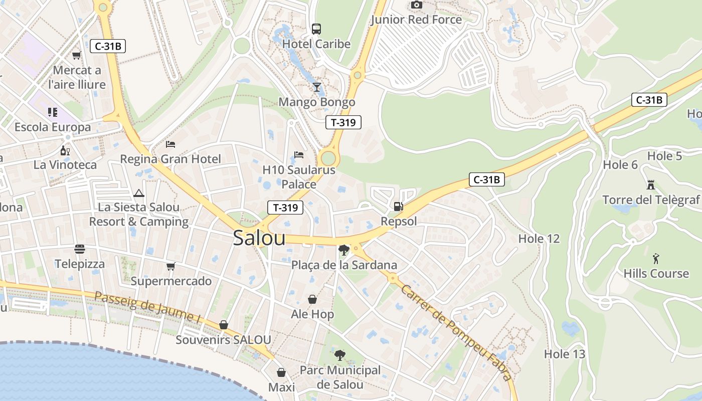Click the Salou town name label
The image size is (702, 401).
[x=259, y=238]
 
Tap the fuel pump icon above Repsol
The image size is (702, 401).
[x=398, y=206]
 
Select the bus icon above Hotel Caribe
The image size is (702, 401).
[x=316, y=29]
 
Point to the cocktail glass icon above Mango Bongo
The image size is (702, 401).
[x=316, y=87]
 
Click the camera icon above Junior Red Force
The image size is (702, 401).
[x=416, y=5]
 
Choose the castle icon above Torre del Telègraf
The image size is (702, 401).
[x=651, y=184]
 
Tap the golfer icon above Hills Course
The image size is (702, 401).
[x=656, y=259]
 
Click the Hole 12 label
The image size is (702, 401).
[x=539, y=239]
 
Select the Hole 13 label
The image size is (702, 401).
[x=565, y=354]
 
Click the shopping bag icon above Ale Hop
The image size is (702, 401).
[x=312, y=299]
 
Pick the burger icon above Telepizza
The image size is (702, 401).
[x=79, y=249]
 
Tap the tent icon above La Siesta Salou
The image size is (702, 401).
[x=138, y=192]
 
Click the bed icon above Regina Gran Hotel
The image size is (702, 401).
[x=170, y=144]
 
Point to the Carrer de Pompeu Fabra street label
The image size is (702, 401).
[x=456, y=333]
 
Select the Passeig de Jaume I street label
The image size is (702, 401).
[x=147, y=306]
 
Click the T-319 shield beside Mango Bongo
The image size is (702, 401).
[x=343, y=122]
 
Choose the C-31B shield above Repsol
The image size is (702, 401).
[x=486, y=179]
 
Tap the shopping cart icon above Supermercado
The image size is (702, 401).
[x=170, y=266]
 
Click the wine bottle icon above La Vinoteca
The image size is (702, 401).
[x=65, y=150]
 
